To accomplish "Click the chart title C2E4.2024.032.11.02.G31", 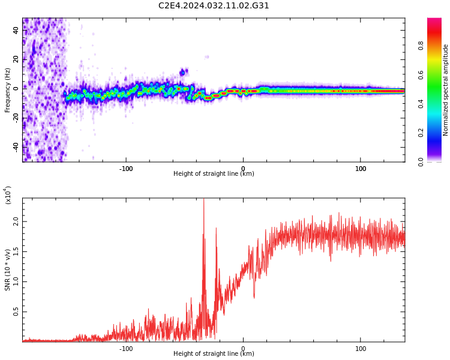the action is (x=214, y=5).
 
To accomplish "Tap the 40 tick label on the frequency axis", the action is (x=16, y=30).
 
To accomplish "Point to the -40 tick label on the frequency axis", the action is (x=16, y=147).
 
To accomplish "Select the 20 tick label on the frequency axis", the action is (x=16, y=59).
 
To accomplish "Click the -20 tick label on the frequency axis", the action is (x=16, y=118).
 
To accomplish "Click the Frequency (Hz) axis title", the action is (x=7, y=90).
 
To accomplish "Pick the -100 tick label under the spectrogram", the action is (x=126, y=169).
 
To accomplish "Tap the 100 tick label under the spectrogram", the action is (x=361, y=169).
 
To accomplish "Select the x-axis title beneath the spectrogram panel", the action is (x=214, y=173).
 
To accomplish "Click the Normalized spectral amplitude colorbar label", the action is (x=445, y=90).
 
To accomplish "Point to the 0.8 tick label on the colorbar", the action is (x=421, y=46).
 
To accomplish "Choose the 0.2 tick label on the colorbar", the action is (x=421, y=133).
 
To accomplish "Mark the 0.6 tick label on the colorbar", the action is (x=421, y=75).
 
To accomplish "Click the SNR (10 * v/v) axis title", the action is (x=7, y=270).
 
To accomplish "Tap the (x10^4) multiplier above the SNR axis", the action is (x=8, y=195).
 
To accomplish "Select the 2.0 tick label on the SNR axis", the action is (x=16, y=221).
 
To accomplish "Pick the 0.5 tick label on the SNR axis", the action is (x=16, y=312).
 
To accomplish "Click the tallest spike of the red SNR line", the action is (x=204, y=199).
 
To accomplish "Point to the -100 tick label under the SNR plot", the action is (x=126, y=349).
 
